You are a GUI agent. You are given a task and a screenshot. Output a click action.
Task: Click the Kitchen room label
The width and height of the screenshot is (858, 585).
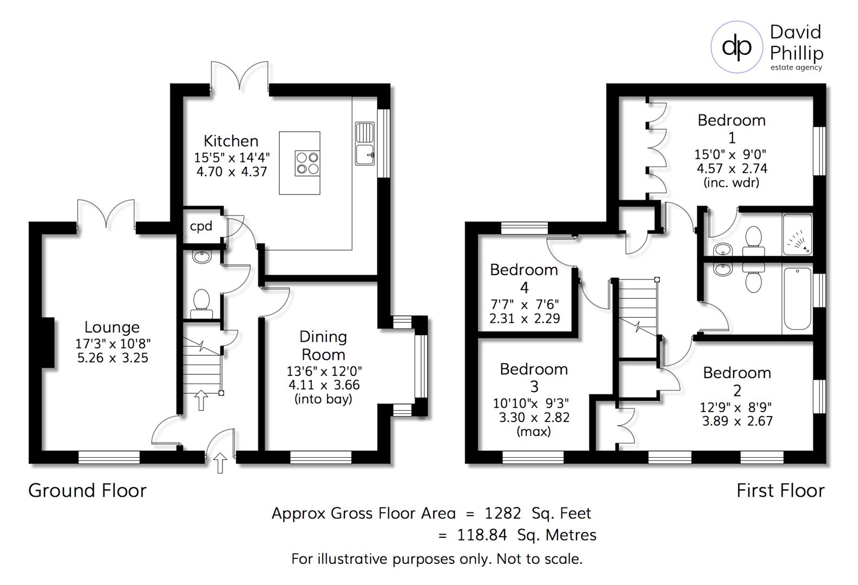click(231, 141)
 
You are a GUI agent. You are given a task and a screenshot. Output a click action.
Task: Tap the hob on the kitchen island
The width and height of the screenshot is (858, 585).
click(307, 162)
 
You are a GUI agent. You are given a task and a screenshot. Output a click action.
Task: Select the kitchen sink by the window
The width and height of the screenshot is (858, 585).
click(365, 144)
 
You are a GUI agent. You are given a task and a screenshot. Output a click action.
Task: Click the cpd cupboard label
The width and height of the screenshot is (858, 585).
click(201, 226)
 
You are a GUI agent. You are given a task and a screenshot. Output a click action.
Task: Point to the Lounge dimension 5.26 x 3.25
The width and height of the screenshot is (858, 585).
click(113, 358)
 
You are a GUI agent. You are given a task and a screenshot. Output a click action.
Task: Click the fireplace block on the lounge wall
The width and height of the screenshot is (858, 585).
click(48, 343)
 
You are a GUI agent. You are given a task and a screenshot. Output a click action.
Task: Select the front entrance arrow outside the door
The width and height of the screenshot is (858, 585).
click(220, 463)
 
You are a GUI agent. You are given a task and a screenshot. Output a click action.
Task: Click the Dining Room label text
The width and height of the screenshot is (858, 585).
click(323, 346)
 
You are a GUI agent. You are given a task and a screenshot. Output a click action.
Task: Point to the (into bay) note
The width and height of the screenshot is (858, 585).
click(323, 399)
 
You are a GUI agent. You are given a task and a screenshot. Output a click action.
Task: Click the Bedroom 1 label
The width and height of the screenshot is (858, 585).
click(731, 128)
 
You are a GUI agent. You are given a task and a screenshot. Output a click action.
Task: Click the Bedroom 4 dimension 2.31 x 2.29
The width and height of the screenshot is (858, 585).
click(524, 319)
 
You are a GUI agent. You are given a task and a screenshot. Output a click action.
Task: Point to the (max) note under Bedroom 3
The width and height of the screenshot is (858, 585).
click(534, 432)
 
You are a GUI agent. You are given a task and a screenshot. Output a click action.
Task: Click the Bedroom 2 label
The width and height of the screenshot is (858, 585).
click(737, 381)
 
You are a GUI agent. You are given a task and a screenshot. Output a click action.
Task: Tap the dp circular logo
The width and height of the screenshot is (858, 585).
click(737, 47)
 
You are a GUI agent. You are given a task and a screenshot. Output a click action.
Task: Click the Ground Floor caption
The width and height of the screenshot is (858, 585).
click(88, 491)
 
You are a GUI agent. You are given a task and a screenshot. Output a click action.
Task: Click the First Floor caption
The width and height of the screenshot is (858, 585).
click(780, 491)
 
